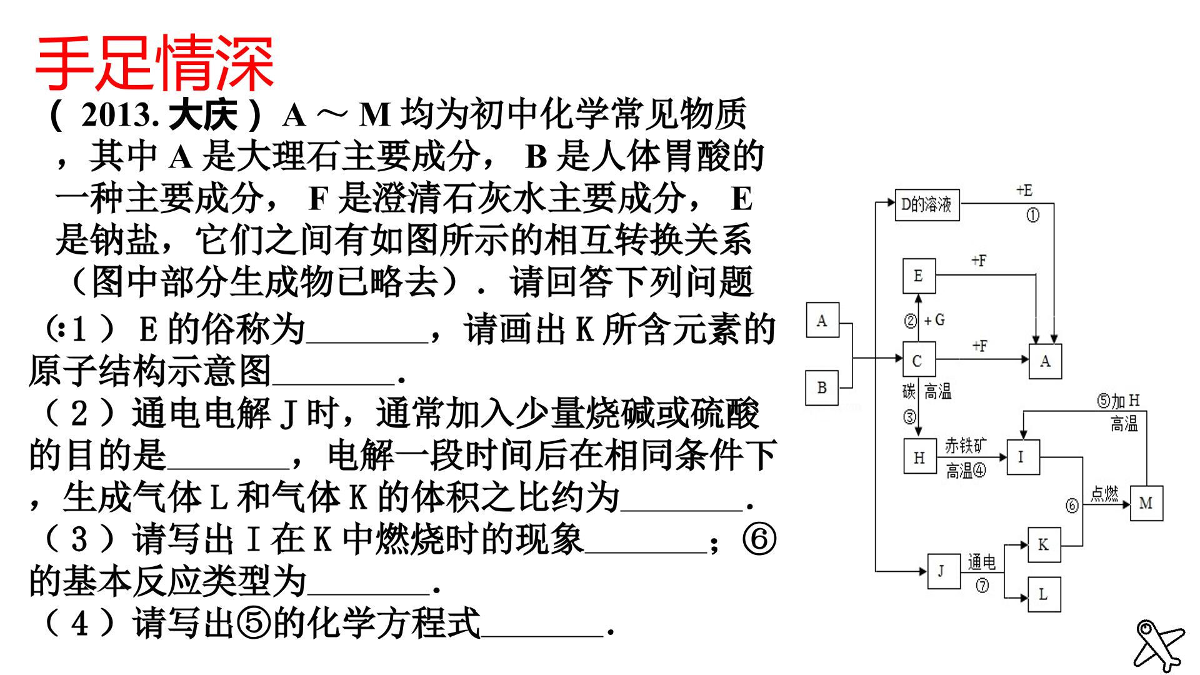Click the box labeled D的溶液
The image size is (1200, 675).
tap(927, 204)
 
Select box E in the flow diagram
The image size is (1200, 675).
tap(919, 276)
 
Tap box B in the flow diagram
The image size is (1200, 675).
tap(822, 387)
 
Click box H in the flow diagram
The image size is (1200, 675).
tap(919, 457)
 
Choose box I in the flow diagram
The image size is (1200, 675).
tap(1022, 457)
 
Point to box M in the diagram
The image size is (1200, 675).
tap(1146, 503)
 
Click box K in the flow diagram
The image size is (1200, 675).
tap(1044, 544)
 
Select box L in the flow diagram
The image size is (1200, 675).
tap(1044, 594)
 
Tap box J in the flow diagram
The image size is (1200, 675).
tap(943, 571)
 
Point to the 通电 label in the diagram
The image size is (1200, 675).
tap(981, 562)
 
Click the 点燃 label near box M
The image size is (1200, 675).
tap(1104, 494)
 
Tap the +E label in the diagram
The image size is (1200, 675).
tap(1024, 190)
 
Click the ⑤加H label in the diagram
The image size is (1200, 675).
tap(1119, 401)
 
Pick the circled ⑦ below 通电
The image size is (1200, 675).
tap(982, 586)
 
